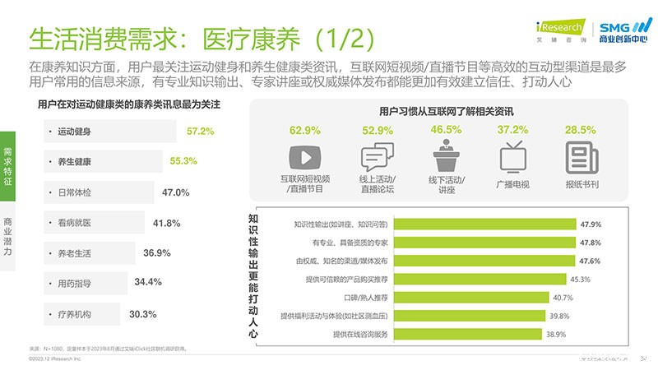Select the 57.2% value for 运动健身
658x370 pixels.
click(200, 131)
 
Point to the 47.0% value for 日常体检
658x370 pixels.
click(176, 192)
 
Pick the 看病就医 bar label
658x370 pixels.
click(74, 223)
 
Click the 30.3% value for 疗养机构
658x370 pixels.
click(143, 314)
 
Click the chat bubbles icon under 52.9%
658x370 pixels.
click(378, 155)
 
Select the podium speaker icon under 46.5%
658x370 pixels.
click(446, 155)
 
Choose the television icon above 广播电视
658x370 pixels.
click(512, 155)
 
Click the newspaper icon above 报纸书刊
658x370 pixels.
click(580, 155)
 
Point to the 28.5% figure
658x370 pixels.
click(581, 130)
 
